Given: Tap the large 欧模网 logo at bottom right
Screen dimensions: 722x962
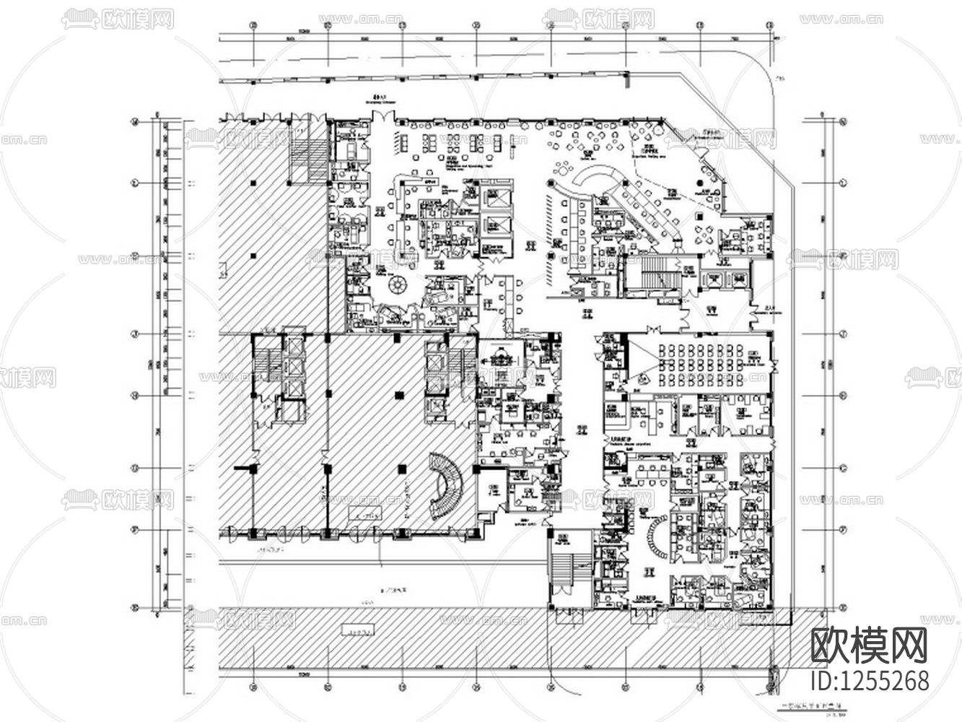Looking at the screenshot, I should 869,645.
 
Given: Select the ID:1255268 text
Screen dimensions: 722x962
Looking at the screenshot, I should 870,680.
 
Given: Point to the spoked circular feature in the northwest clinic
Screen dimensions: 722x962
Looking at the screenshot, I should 397,284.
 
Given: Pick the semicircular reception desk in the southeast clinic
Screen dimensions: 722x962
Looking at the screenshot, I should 657,541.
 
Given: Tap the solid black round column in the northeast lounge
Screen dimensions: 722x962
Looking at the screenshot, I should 700,185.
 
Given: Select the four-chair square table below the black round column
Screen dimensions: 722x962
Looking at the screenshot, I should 702,232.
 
